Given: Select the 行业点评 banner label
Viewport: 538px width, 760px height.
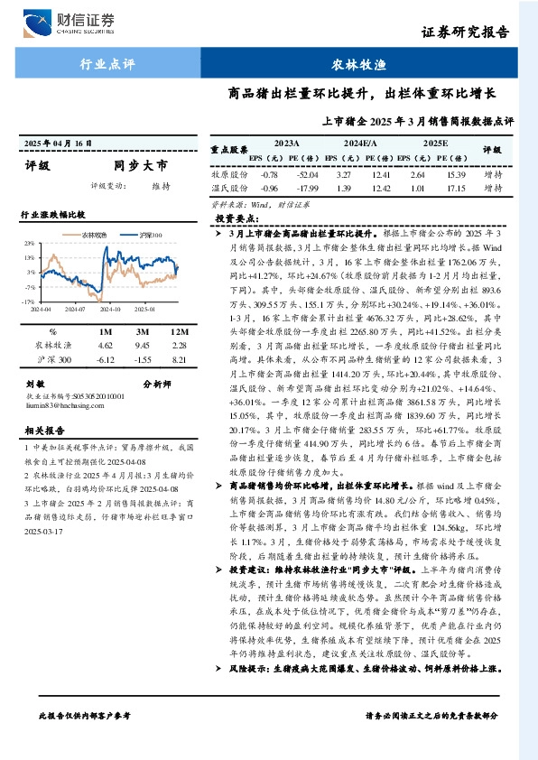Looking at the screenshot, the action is tap(107, 64).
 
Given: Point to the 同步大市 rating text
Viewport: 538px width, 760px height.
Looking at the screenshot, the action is tap(140, 165).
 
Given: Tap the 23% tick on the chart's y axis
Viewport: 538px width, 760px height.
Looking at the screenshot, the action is tap(30, 243).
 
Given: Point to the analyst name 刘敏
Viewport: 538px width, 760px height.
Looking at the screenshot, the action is tap(35, 384).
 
